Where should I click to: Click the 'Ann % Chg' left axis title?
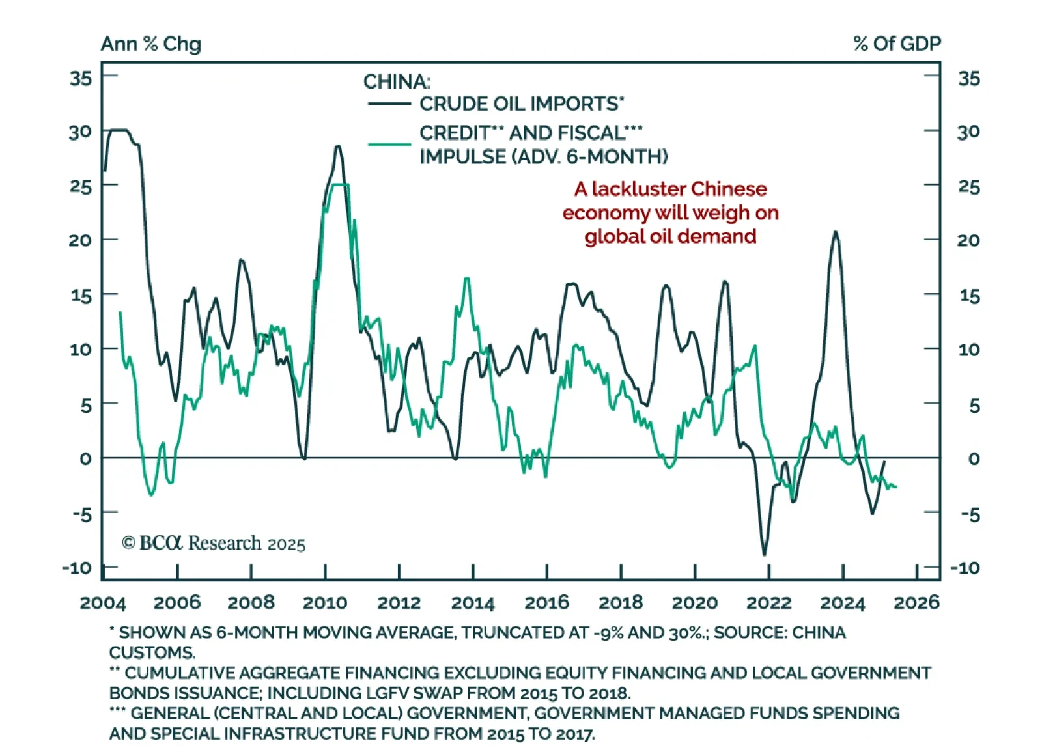(150, 44)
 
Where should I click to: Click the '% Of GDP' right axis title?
(897, 44)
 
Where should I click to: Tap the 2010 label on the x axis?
(325, 602)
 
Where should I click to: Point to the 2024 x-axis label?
(842, 602)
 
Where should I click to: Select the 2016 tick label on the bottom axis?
(546, 602)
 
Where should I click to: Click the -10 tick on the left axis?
(77, 567)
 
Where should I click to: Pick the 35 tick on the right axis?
(968, 78)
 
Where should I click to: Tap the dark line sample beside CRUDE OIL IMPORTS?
(389, 104)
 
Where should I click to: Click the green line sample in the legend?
(389, 144)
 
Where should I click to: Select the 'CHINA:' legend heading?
(397, 81)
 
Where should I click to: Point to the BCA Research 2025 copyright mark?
(214, 543)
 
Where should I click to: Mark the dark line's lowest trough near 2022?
(765, 554)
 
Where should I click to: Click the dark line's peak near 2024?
(835, 232)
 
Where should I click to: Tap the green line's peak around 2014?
(467, 279)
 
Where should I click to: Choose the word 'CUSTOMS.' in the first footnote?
(152, 652)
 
